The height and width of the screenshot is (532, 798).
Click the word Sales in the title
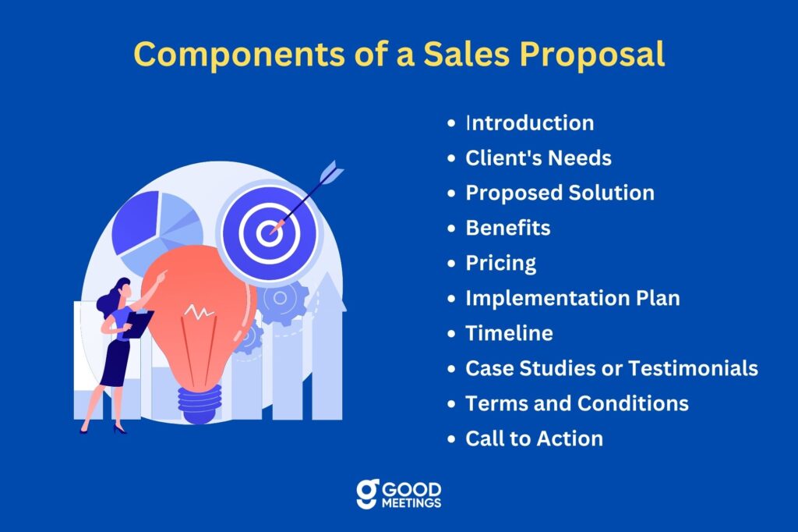(467, 54)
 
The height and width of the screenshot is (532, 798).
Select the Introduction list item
(530, 122)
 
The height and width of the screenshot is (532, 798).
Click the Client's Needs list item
(538, 158)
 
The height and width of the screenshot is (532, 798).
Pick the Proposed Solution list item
(560, 193)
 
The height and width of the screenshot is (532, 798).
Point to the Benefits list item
(508, 228)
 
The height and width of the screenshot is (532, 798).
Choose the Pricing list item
(501, 264)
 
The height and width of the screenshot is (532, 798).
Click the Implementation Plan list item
(573, 299)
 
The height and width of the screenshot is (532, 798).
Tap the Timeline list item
(509, 333)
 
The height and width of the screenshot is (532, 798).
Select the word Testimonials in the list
(693, 368)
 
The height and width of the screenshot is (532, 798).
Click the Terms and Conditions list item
(577, 403)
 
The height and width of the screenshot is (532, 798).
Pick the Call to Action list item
(535, 438)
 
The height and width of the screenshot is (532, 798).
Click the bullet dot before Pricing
(451, 264)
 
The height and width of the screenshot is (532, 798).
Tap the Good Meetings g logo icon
(368, 494)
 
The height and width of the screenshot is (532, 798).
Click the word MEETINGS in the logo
(411, 503)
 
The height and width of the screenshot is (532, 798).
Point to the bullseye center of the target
(269, 233)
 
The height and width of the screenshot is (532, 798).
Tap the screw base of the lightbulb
(199, 403)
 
